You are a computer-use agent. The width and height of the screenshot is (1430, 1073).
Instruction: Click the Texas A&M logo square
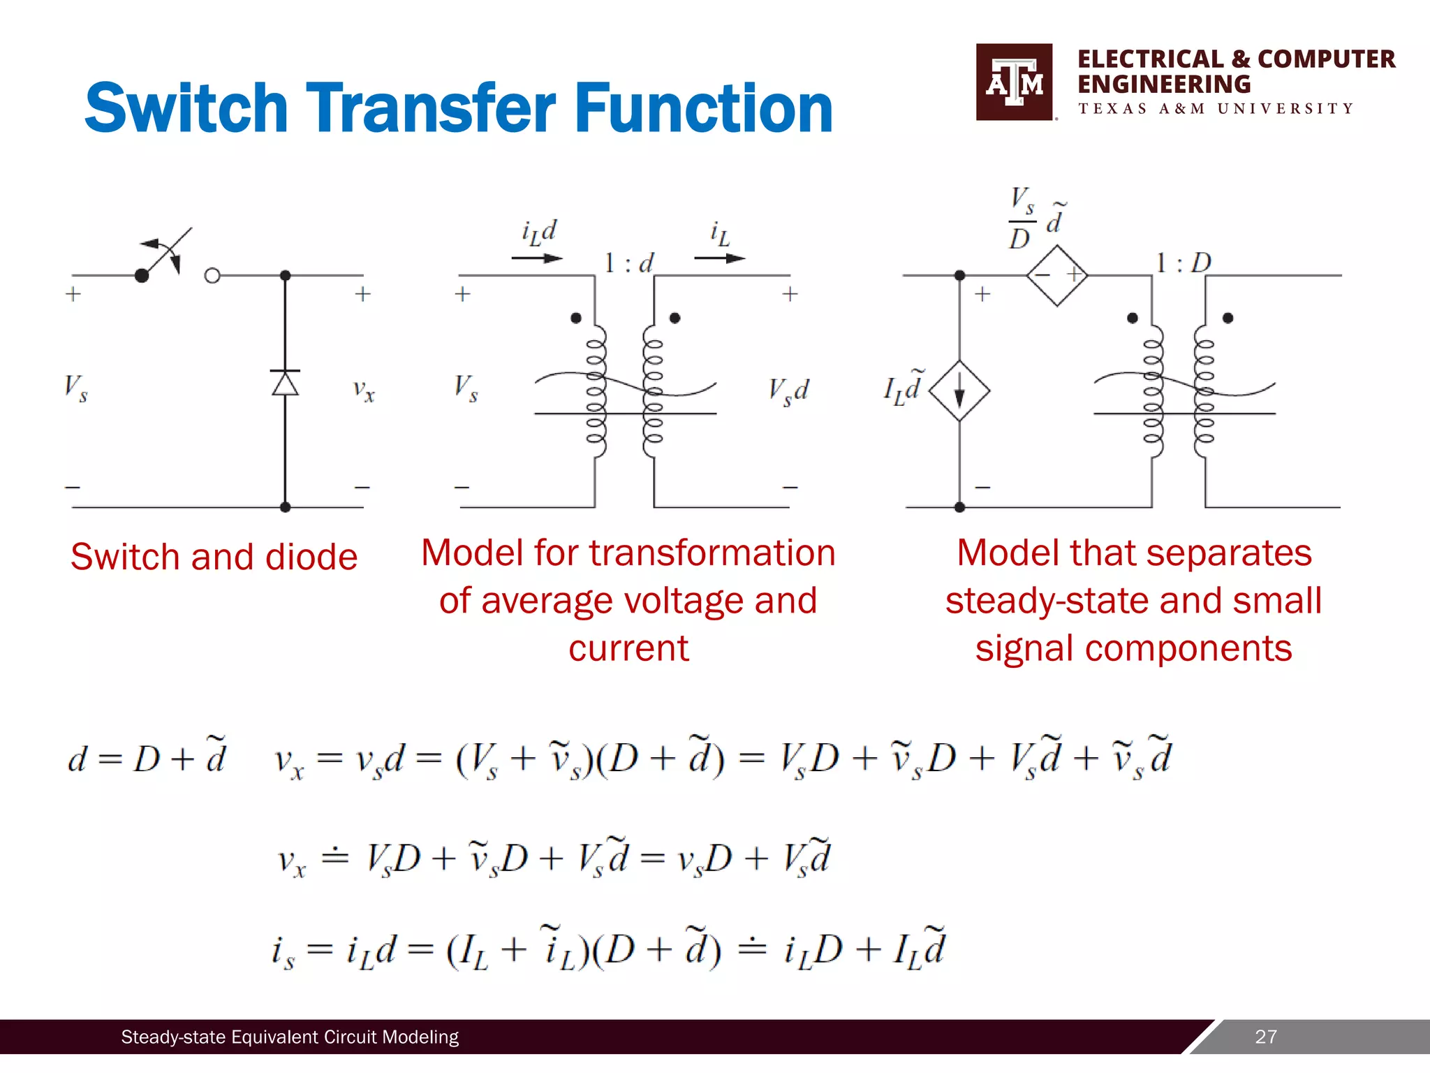[1014, 82]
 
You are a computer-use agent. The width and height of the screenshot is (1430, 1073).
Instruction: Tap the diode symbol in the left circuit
[285, 383]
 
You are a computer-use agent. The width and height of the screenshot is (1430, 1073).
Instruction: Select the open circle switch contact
[212, 276]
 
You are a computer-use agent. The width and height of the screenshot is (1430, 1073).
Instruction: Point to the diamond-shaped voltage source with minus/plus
[1057, 275]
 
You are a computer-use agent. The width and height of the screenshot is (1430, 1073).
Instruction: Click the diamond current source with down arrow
[959, 390]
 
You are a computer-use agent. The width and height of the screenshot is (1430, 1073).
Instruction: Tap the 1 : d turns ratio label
[628, 263]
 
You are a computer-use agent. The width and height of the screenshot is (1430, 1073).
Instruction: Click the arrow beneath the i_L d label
[536, 258]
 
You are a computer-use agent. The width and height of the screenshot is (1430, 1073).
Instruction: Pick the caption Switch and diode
[214, 557]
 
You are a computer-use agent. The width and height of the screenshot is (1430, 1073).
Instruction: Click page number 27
[1265, 1037]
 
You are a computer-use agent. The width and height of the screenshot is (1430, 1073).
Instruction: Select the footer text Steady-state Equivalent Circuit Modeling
[290, 1037]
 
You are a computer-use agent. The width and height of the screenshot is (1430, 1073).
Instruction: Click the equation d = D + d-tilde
[147, 758]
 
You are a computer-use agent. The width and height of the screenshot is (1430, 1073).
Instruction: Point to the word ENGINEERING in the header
[1164, 85]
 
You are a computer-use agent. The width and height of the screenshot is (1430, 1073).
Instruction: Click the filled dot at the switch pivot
[142, 276]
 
